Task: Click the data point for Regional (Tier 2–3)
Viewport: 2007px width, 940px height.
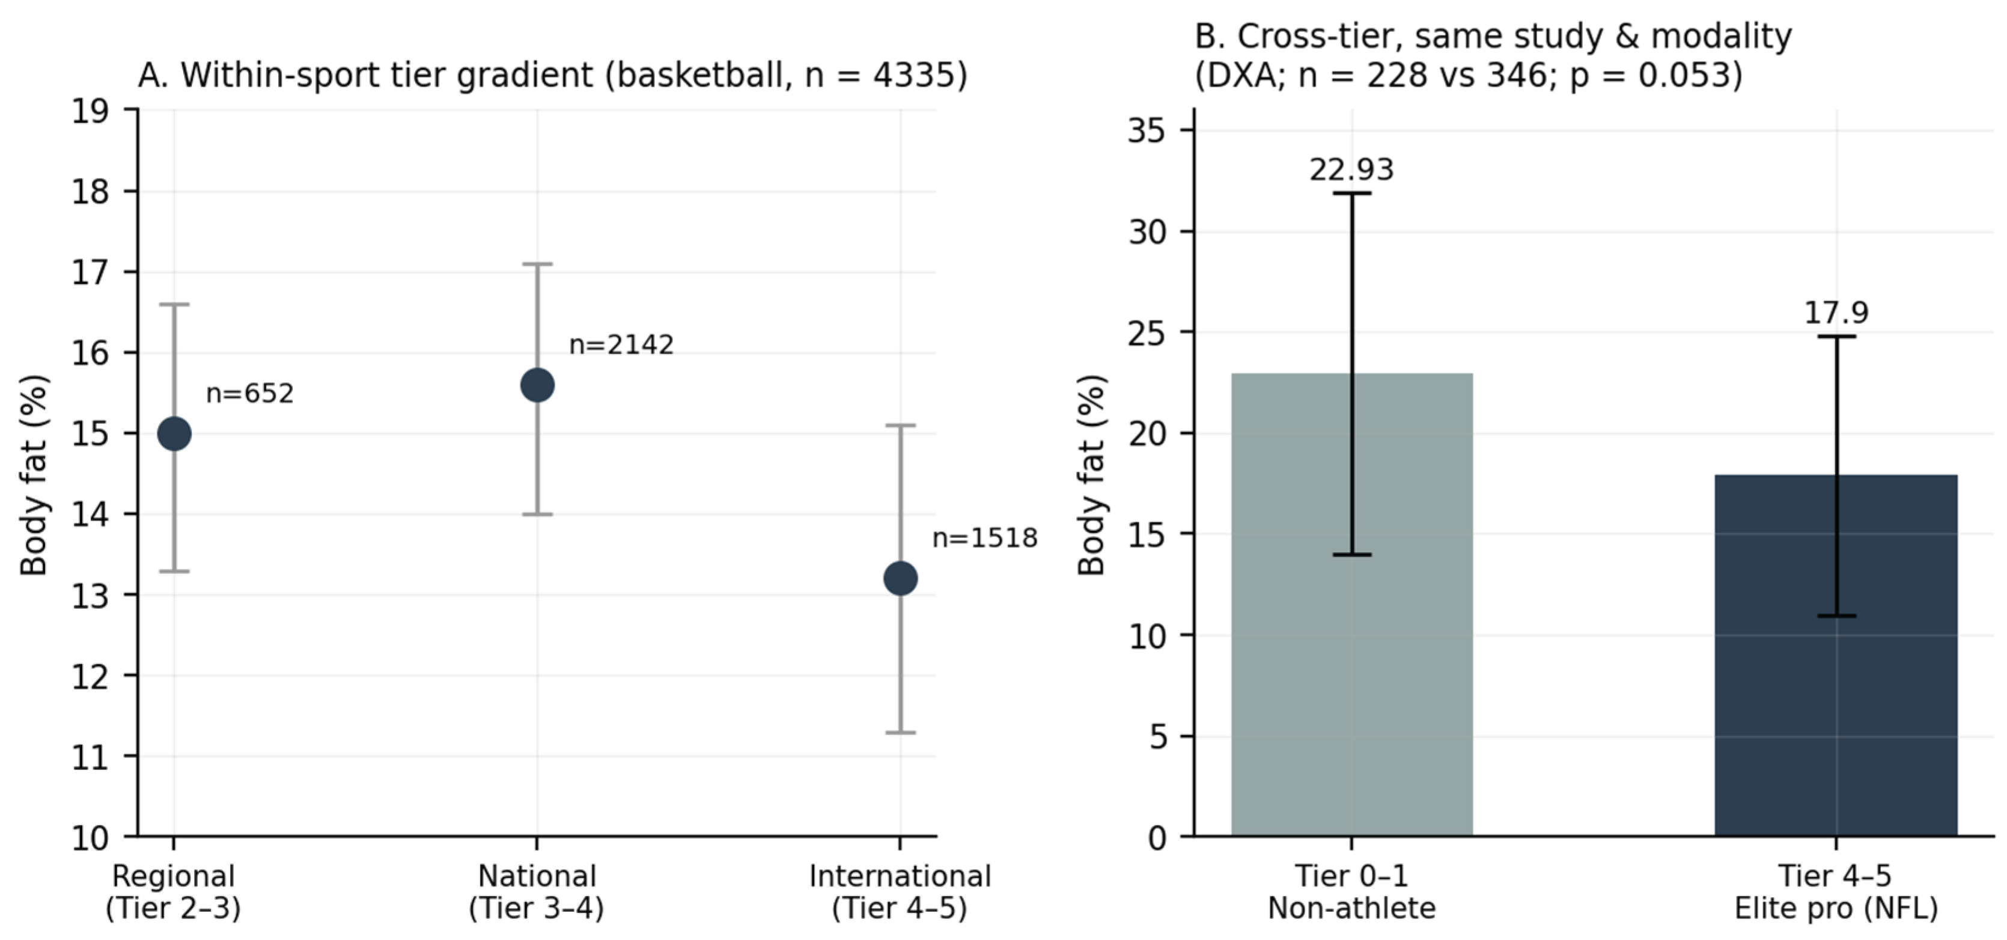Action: [x=174, y=434]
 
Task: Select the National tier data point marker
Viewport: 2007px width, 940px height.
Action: [x=537, y=385]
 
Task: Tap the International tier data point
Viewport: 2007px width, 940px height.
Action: [x=901, y=578]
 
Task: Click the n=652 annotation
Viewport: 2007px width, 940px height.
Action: [x=249, y=394]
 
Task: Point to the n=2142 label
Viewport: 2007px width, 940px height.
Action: [x=621, y=344]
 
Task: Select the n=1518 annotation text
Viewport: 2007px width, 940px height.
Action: [x=985, y=538]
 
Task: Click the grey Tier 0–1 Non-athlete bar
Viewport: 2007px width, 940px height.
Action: [x=1352, y=605]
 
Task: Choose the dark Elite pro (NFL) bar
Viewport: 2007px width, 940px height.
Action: [x=1836, y=656]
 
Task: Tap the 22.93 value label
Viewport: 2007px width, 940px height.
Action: [x=1352, y=169]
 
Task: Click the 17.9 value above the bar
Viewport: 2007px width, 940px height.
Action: [x=1836, y=313]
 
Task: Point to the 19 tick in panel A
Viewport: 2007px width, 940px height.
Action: [x=90, y=111]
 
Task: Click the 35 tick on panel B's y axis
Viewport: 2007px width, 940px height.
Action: [x=1147, y=130]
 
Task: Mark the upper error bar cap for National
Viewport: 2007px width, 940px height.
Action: [x=537, y=264]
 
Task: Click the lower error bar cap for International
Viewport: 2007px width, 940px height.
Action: [x=901, y=733]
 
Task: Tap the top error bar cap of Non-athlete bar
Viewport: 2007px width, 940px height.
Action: [x=1352, y=192]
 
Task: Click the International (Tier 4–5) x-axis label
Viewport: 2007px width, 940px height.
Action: [x=900, y=892]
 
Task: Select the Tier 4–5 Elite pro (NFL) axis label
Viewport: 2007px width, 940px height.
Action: [x=1836, y=892]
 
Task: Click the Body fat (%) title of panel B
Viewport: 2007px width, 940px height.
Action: [x=1092, y=475]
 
